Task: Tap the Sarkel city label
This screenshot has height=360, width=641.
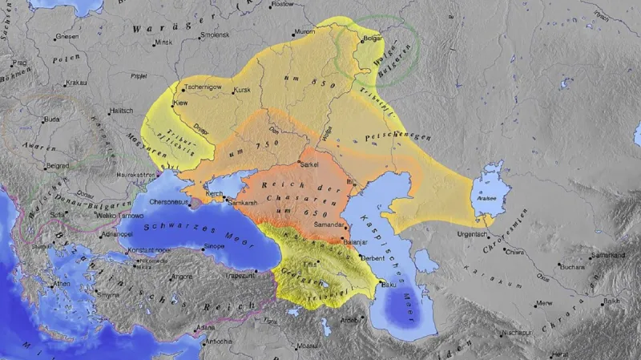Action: click(x=308, y=164)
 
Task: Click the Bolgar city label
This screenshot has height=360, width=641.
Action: click(x=373, y=38)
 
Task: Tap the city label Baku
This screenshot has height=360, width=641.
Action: click(x=389, y=285)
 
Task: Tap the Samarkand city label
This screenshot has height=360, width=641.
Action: click(x=607, y=255)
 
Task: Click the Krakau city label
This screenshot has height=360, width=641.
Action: click(x=76, y=83)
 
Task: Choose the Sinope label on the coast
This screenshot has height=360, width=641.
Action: click(x=213, y=246)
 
